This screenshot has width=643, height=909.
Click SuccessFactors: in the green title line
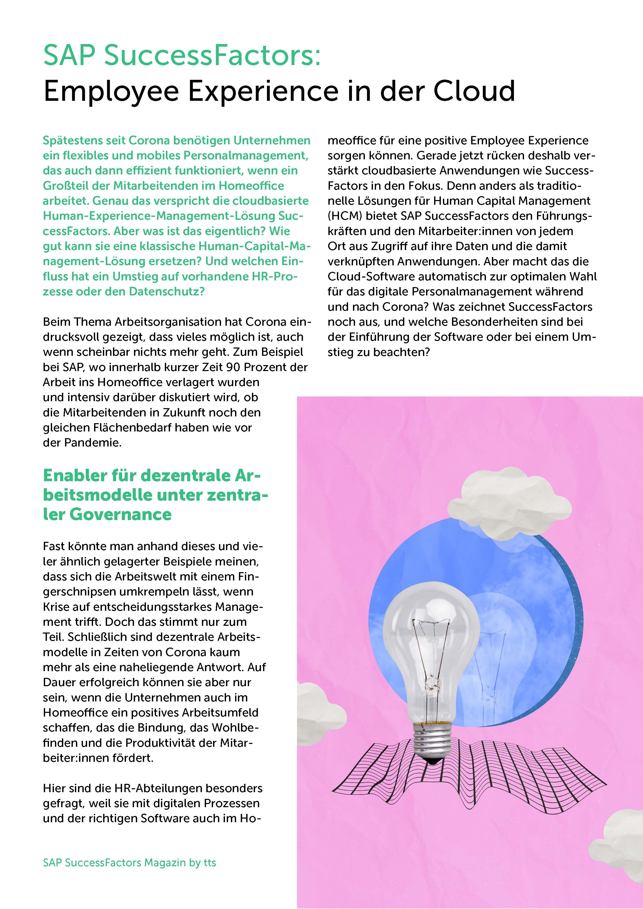212,55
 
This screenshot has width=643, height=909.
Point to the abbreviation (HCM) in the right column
344,216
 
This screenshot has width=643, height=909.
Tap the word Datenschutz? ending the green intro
167,292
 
